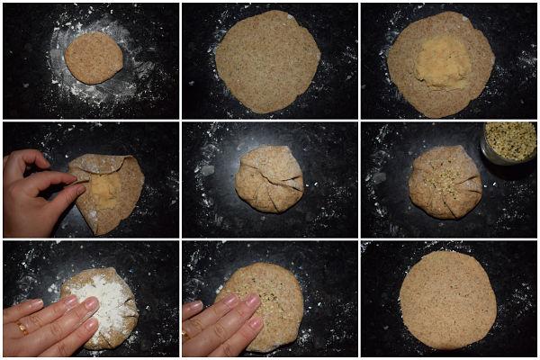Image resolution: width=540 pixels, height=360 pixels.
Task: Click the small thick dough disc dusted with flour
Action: click(93, 58)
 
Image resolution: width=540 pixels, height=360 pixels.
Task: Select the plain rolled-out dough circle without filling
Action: click(267, 61)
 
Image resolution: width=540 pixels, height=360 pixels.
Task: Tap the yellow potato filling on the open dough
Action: click(442, 62)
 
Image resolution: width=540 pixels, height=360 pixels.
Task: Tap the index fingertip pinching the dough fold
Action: click(80, 188)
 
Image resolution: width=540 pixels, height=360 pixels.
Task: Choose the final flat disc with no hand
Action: click(446, 299)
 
